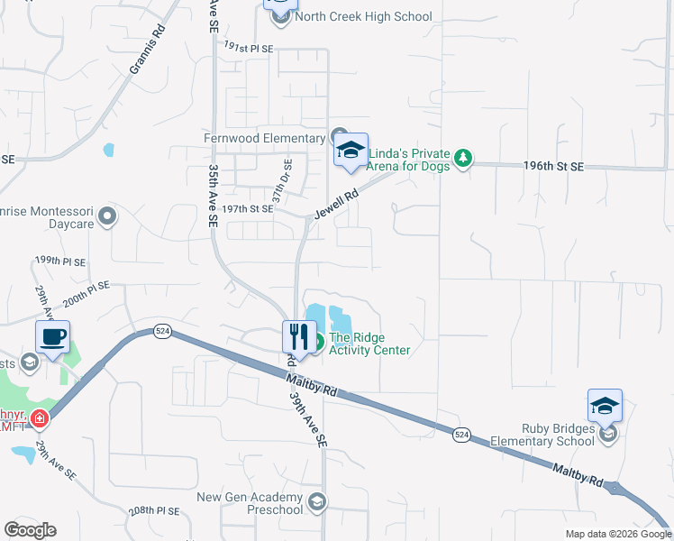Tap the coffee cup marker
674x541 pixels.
click(53, 337)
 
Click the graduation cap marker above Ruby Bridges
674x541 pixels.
click(605, 406)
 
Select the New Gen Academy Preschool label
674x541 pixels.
click(250, 504)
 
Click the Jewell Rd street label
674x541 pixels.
click(337, 204)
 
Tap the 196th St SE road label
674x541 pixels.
click(554, 167)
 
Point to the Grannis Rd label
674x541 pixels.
click(149, 55)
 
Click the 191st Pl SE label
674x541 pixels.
click(248, 47)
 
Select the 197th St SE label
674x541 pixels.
click(249, 209)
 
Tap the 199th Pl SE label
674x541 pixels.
click(60, 261)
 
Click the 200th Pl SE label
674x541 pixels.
click(86, 292)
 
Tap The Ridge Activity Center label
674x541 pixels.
click(369, 344)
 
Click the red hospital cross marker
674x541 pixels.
click(38, 418)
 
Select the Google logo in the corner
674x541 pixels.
click(30, 530)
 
